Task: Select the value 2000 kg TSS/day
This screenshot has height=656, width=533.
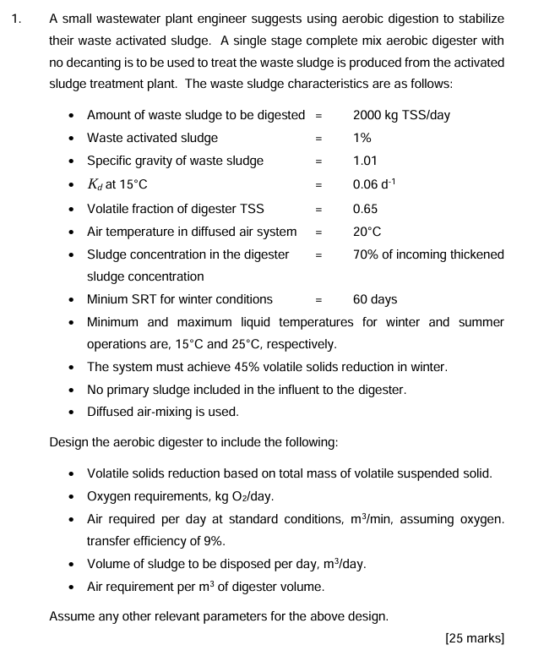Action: (x=401, y=115)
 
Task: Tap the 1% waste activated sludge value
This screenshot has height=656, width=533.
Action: (x=362, y=138)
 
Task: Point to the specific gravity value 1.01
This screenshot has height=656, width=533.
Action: (x=365, y=161)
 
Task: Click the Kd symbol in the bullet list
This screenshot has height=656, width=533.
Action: (x=95, y=184)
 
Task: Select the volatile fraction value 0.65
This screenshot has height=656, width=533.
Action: (x=365, y=209)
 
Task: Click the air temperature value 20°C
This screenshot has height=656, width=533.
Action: (x=367, y=232)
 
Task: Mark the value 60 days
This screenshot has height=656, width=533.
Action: (x=375, y=299)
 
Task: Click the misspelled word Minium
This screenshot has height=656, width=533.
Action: (x=108, y=299)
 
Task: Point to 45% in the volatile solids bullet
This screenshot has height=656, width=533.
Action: (x=256, y=367)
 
